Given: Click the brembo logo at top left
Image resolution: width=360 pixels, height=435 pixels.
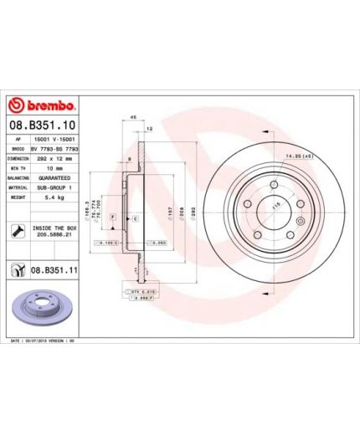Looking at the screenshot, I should coord(41,106).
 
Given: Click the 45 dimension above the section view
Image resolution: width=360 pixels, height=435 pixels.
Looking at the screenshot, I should coord(132,118).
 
